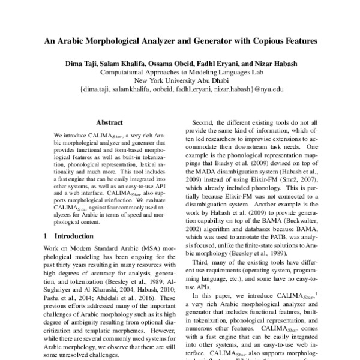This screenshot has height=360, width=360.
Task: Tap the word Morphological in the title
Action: [x=119, y=43]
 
